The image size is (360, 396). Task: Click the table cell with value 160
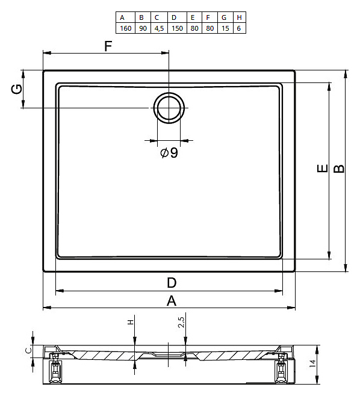click(x=126, y=28)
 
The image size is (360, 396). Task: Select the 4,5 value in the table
click(x=159, y=28)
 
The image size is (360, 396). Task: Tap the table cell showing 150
click(x=177, y=28)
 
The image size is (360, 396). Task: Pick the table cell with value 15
click(x=225, y=28)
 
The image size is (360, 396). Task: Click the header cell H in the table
click(x=239, y=17)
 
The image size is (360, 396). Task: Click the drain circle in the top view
click(x=169, y=108)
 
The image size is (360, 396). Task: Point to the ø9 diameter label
click(x=169, y=152)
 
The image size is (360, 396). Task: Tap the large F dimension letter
click(x=108, y=46)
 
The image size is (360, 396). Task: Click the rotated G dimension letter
click(x=17, y=89)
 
